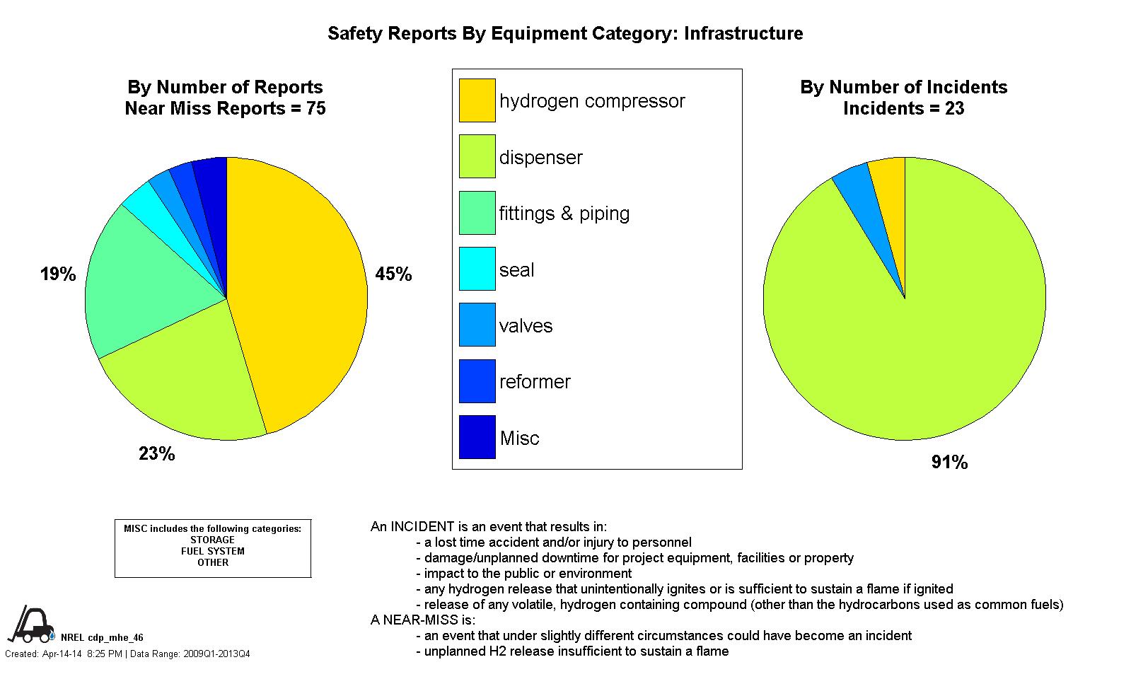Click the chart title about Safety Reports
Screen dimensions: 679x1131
[x=565, y=33]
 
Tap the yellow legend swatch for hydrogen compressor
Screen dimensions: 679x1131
[x=477, y=100]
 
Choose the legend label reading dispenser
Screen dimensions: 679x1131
[x=540, y=157]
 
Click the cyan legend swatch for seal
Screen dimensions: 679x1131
[x=477, y=269]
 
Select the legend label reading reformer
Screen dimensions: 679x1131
[x=535, y=382]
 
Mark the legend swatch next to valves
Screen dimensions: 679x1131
[x=477, y=325]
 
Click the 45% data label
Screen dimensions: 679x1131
[x=393, y=274]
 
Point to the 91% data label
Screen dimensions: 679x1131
[x=949, y=463]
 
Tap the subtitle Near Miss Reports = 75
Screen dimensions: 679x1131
[x=225, y=109]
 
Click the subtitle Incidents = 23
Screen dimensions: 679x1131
[x=904, y=109]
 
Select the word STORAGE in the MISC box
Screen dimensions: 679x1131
[x=212, y=540]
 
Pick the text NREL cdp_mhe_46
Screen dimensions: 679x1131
[x=102, y=637]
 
